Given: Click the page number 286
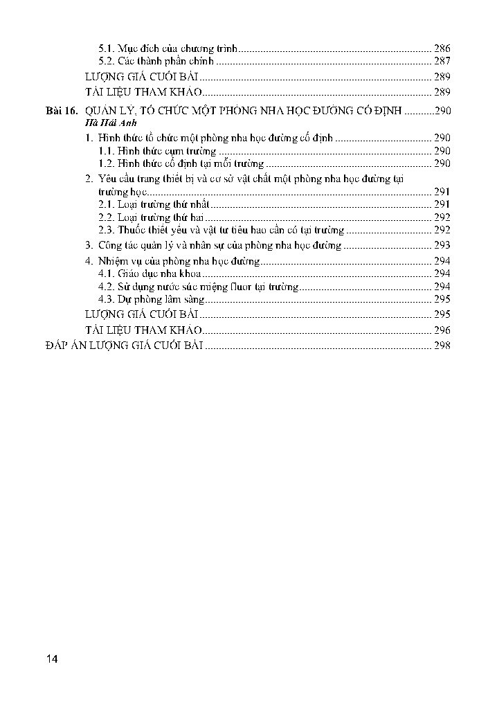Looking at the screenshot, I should coord(442,48).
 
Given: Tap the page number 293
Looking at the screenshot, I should coord(442,245).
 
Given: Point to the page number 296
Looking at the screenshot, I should coord(442,330).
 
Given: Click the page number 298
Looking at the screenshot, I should coord(442,345).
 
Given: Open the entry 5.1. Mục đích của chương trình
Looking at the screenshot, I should coord(168,48).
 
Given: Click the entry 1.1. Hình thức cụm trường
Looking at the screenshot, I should coord(158,151).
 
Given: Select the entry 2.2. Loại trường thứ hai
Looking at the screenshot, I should coord(150,217).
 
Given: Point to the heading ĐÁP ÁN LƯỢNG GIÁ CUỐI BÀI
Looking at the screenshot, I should coord(123,345).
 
